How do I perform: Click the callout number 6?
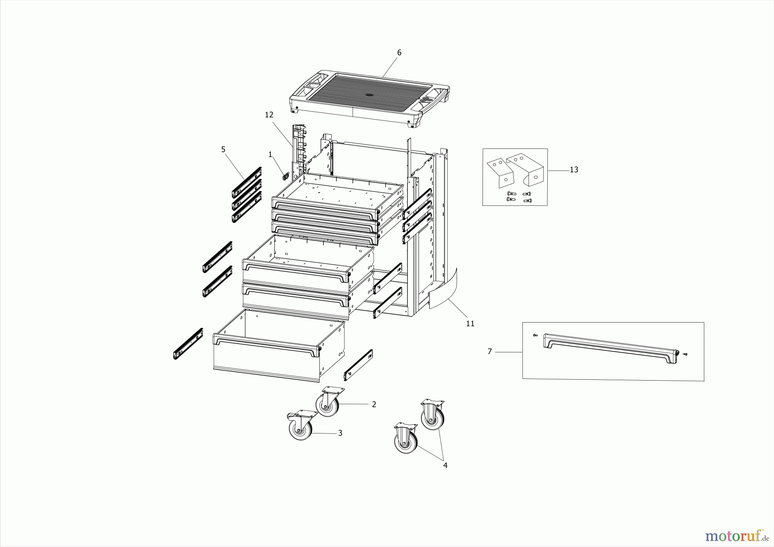(x=399, y=52)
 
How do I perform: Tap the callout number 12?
(x=269, y=115)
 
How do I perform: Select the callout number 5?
(x=223, y=149)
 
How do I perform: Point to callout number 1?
(x=270, y=154)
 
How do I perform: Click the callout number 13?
(x=574, y=170)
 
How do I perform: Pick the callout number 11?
(x=470, y=323)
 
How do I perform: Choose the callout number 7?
(x=489, y=352)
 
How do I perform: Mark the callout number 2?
(x=374, y=404)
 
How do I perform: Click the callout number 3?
(x=340, y=433)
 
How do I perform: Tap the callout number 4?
(x=445, y=465)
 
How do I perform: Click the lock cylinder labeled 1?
(x=285, y=175)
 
